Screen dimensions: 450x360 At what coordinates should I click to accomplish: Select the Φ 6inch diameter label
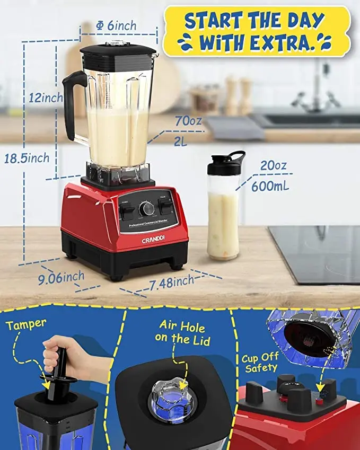[116, 25]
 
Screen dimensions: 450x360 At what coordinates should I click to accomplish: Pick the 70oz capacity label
[188, 121]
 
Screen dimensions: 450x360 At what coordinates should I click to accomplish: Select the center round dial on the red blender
[146, 209]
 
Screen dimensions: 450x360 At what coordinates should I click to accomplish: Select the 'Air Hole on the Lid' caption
[181, 333]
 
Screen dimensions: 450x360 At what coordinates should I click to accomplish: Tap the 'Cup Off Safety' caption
[260, 363]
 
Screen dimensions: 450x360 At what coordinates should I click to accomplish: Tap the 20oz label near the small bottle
[274, 166]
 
